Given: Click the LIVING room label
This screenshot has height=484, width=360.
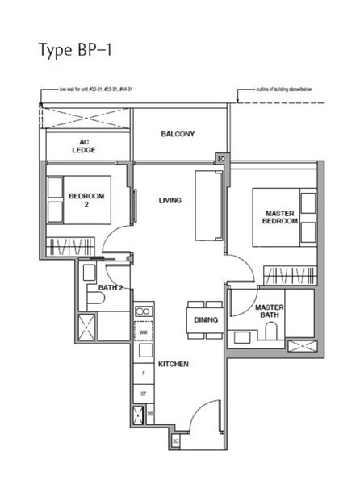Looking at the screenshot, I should pyautogui.click(x=170, y=200).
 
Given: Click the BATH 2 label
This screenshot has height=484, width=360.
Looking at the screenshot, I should pyautogui.click(x=110, y=287).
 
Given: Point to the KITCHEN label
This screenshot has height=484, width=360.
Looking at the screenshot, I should pyautogui.click(x=173, y=365).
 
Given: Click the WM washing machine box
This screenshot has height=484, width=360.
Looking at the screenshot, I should pyautogui.click(x=144, y=332).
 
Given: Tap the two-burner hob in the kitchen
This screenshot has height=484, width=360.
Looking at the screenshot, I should pyautogui.click(x=143, y=311).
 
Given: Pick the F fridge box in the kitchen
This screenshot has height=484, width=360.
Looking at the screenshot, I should pyautogui.click(x=144, y=374).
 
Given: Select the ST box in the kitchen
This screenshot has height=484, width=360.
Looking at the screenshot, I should pyautogui.click(x=144, y=394).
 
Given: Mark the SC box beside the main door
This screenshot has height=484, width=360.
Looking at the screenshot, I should pyautogui.click(x=174, y=442).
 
